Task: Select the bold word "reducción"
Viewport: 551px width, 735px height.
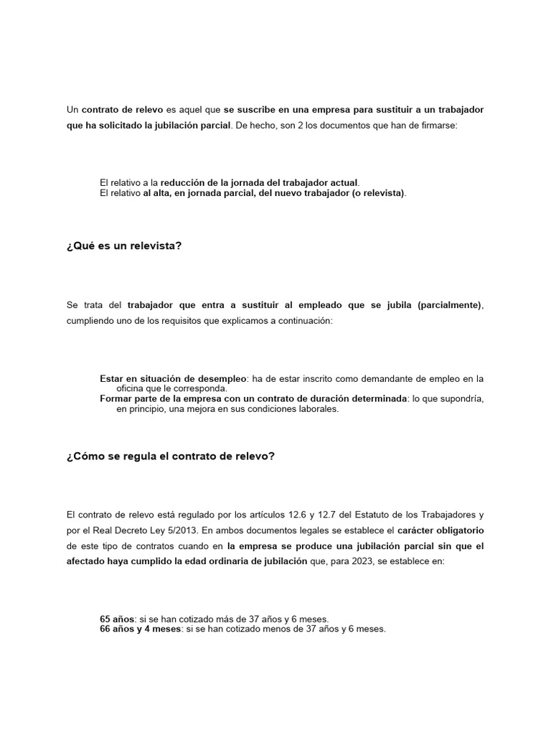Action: click(x=183, y=183)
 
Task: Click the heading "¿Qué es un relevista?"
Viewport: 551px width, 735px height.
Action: click(x=124, y=245)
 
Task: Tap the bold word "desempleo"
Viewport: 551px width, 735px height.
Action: click(x=223, y=378)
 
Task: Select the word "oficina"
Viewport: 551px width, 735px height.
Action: click(x=131, y=388)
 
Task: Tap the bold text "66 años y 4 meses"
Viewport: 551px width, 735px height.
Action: click(x=141, y=629)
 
